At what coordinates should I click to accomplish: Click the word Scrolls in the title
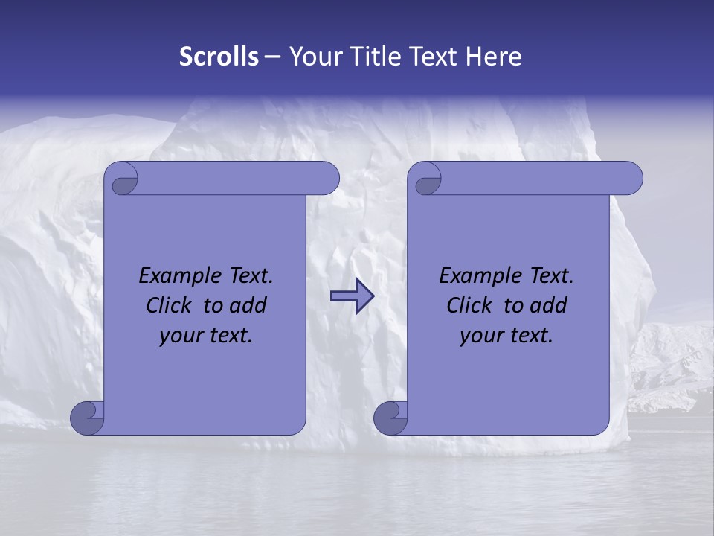219,56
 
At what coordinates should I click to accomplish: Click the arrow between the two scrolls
352,296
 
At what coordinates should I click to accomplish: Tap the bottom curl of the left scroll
87,417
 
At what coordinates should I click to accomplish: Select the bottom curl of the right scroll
390,417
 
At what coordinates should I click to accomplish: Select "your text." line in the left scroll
206,335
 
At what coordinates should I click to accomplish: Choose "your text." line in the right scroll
506,335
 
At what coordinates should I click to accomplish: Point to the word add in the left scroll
248,305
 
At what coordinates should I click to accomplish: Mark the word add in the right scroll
549,305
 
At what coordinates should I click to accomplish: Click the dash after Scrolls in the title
272,56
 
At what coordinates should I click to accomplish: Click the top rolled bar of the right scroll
535,178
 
